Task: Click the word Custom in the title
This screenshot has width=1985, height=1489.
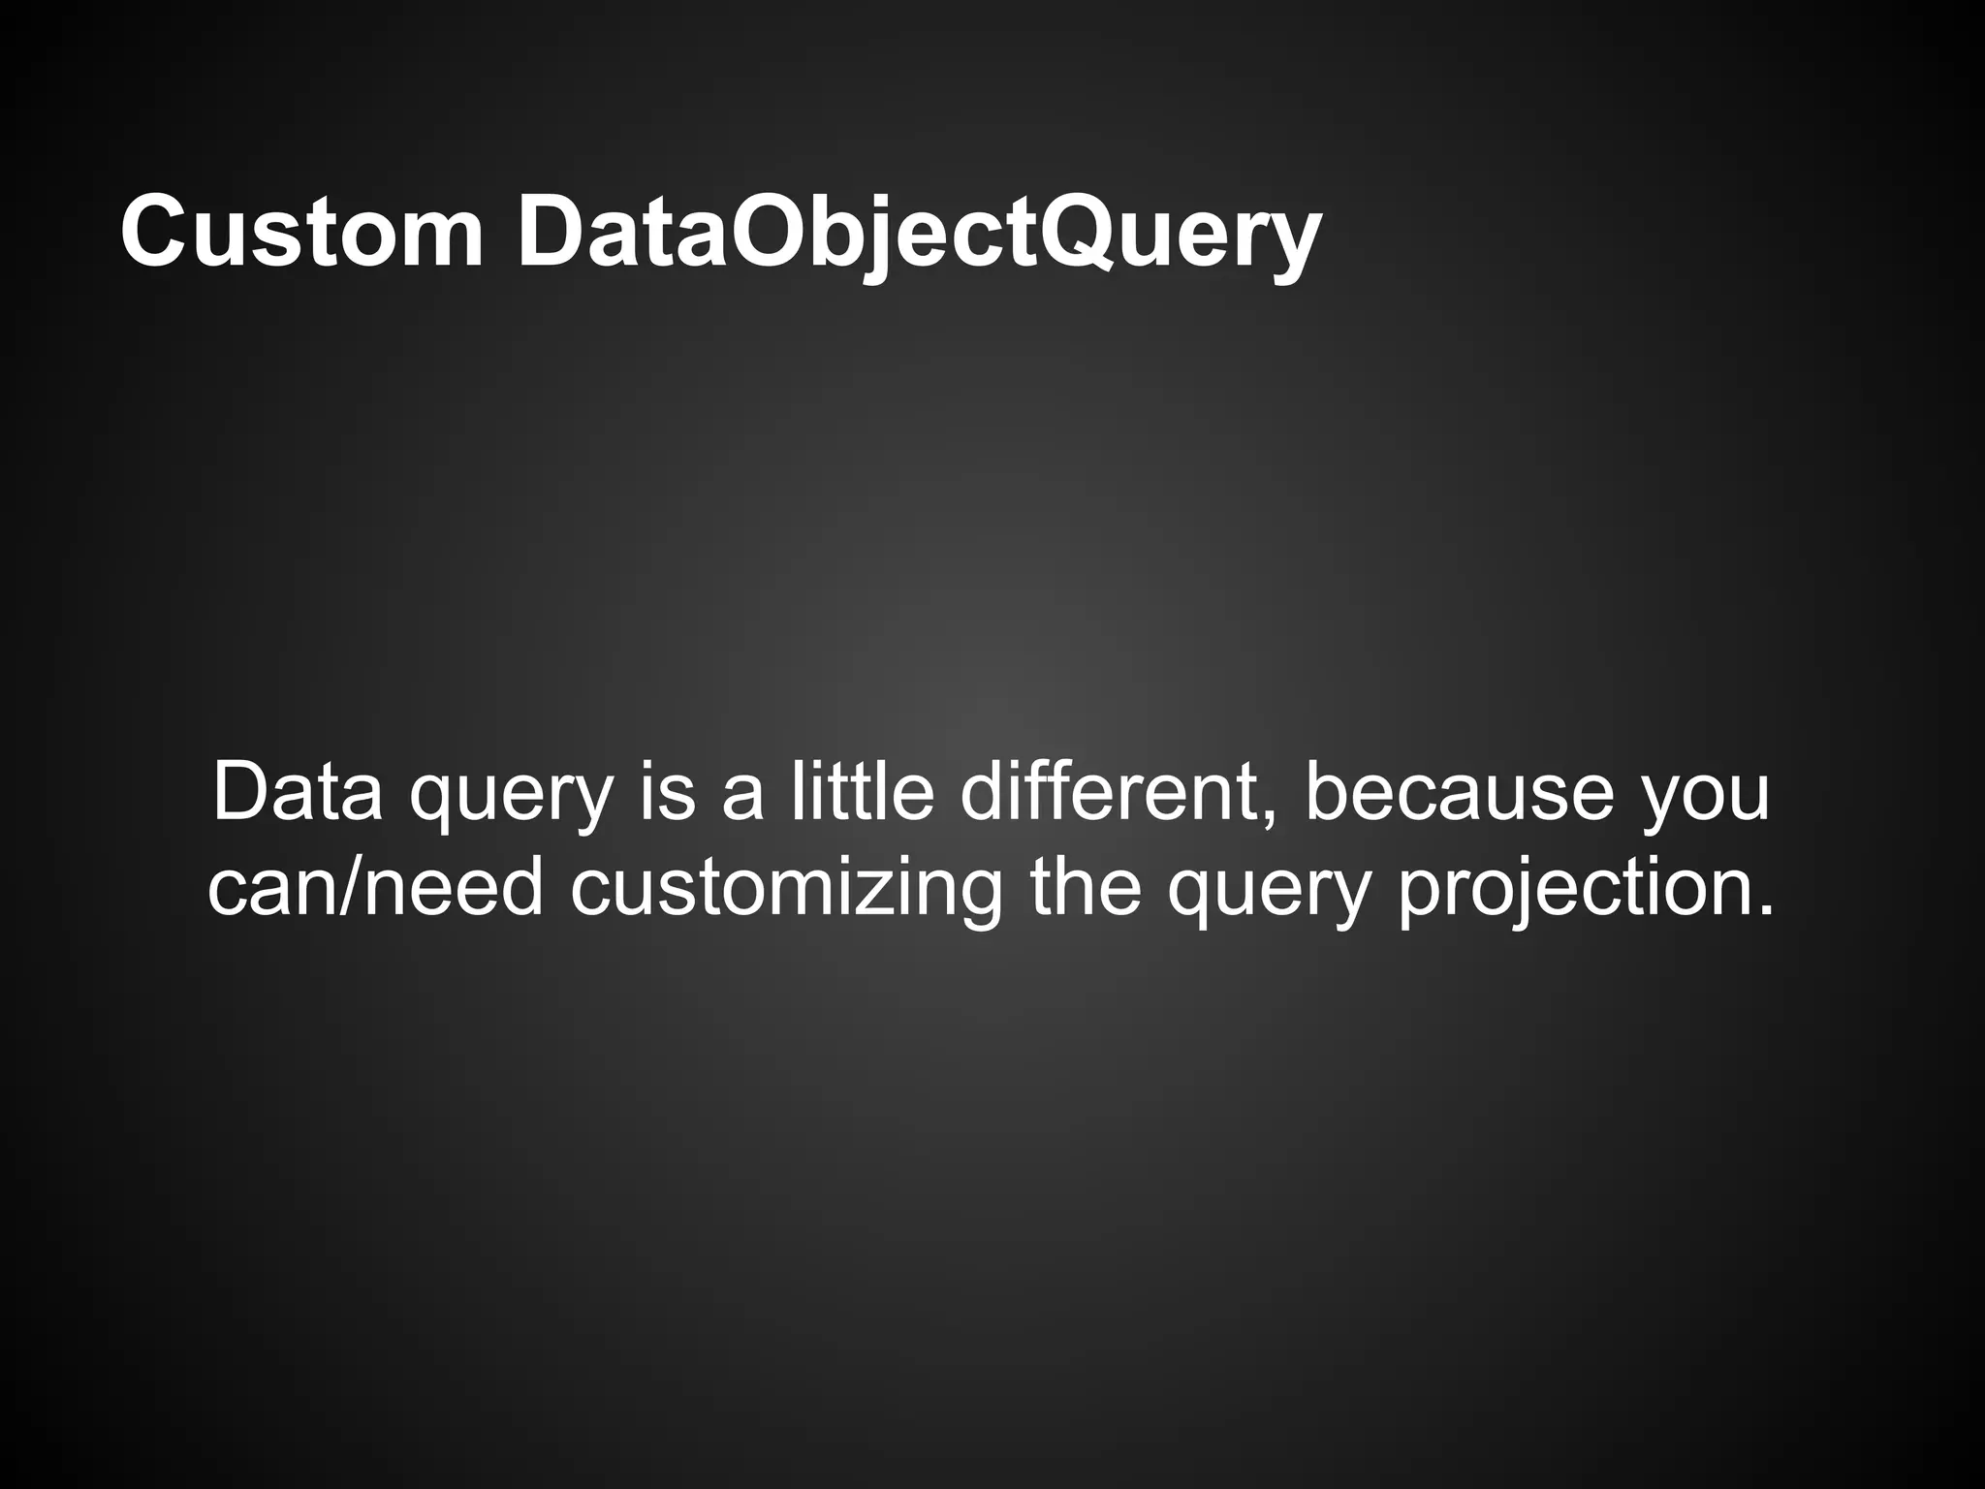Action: [301, 234]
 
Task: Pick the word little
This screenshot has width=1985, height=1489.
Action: [862, 792]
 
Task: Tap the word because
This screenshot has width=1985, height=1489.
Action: [1460, 792]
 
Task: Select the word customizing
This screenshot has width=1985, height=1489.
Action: [786, 887]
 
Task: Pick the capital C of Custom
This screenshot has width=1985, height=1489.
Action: [155, 234]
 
